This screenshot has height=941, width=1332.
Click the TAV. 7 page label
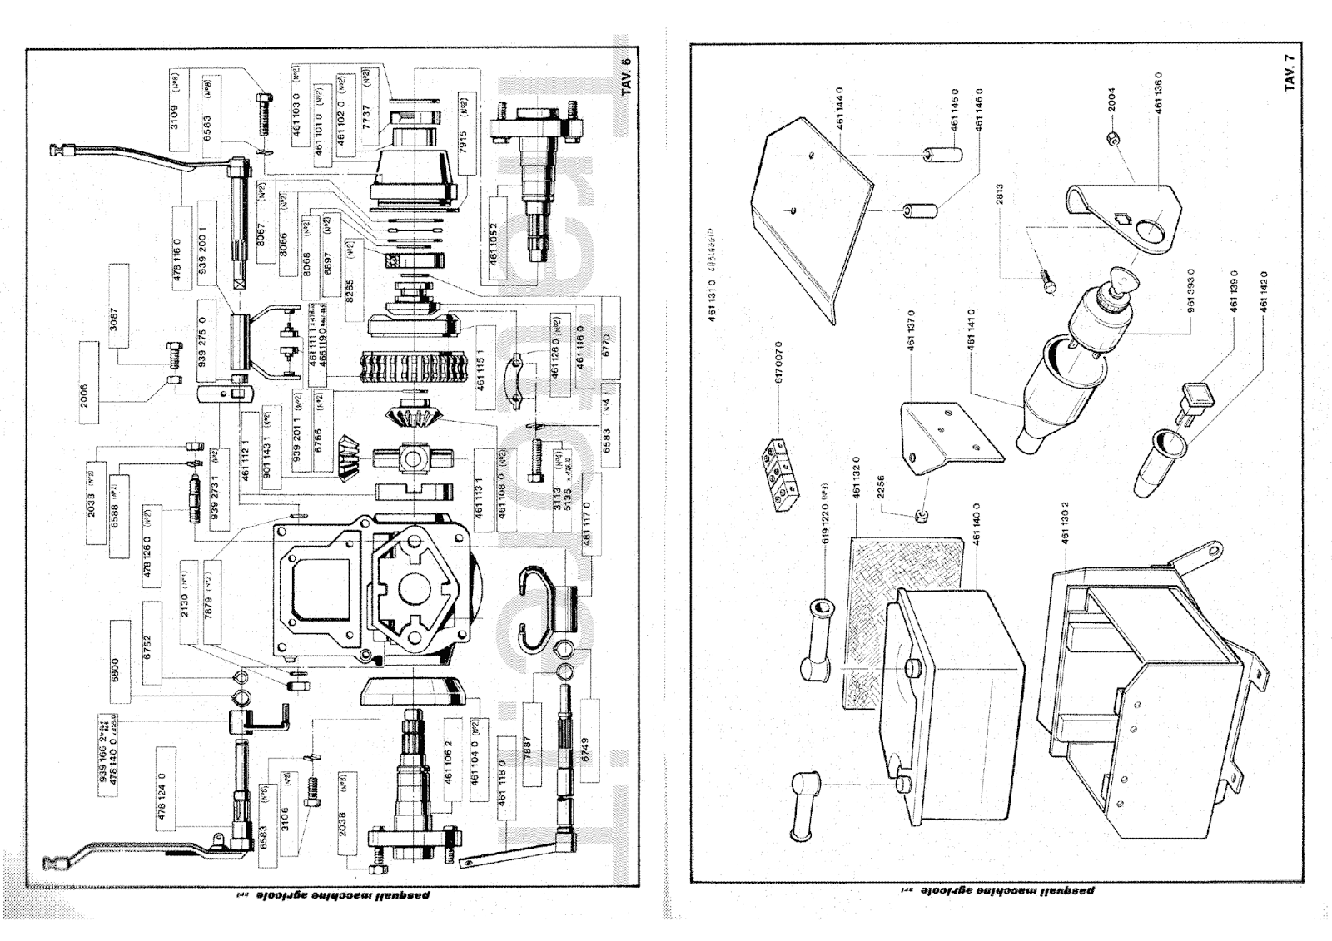(x=1289, y=72)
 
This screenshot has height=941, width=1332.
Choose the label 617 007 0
(x=780, y=359)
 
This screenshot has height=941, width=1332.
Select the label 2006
(x=84, y=393)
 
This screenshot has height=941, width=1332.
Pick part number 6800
(x=116, y=671)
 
